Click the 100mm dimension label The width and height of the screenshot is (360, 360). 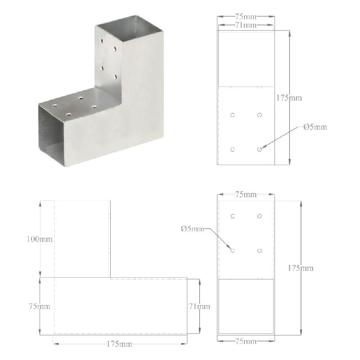click(x=39, y=239)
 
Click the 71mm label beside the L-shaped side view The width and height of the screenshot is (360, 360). click(x=198, y=306)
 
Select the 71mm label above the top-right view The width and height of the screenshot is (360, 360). click(x=246, y=25)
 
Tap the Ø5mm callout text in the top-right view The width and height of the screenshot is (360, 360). click(x=315, y=127)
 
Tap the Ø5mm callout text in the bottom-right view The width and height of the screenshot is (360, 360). click(x=192, y=229)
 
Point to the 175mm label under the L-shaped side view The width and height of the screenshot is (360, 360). click(x=119, y=344)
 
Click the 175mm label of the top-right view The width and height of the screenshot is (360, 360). click(x=289, y=98)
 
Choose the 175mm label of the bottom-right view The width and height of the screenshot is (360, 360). click(x=301, y=268)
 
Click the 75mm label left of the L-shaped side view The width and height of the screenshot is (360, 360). click(x=39, y=306)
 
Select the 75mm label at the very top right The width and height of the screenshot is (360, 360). click(x=246, y=17)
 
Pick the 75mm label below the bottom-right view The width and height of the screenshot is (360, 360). click(x=246, y=342)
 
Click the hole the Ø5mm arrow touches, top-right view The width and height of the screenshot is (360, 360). click(x=260, y=149)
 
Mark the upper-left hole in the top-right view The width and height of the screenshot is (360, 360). click(x=233, y=115)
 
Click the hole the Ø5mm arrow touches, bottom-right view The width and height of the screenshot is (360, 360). click(x=233, y=250)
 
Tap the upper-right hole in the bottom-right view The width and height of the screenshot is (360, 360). click(x=260, y=216)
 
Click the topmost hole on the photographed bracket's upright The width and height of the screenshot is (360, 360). click(x=102, y=40)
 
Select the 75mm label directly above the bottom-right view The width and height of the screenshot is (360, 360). click(x=246, y=194)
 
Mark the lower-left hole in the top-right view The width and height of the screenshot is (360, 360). click(x=233, y=149)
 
